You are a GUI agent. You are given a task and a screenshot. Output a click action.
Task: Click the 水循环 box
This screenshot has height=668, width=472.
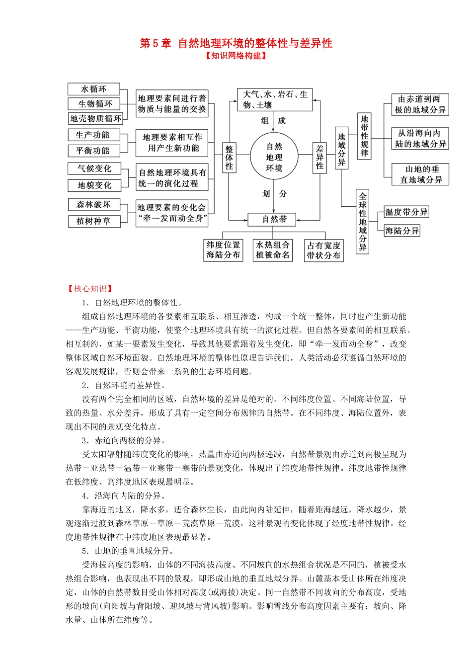94,89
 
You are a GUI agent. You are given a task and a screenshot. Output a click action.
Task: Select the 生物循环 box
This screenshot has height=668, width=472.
94,104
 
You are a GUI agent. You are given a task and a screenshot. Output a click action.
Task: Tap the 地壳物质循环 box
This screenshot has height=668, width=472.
95,118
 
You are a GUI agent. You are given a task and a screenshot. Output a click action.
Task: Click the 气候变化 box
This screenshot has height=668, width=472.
94,169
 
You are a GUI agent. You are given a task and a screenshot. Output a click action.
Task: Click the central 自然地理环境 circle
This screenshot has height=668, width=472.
274,157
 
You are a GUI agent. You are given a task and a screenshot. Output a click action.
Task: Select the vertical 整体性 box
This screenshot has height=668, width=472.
229,157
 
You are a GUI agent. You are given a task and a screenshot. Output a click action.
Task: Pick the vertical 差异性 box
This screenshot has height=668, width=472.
319,157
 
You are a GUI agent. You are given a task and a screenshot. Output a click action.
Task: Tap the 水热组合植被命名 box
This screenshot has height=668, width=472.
272,250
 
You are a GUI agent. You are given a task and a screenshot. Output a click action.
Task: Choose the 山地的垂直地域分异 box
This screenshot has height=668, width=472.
420,174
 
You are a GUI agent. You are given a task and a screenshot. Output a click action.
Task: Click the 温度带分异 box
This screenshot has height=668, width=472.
406,212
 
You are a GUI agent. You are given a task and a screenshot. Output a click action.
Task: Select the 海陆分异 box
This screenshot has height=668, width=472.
402,231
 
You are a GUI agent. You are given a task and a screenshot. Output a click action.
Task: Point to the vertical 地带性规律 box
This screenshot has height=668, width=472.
364,136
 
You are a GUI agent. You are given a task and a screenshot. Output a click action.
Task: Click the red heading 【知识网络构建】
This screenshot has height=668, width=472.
236,56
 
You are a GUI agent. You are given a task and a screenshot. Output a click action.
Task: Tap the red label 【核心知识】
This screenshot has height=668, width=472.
90,289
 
